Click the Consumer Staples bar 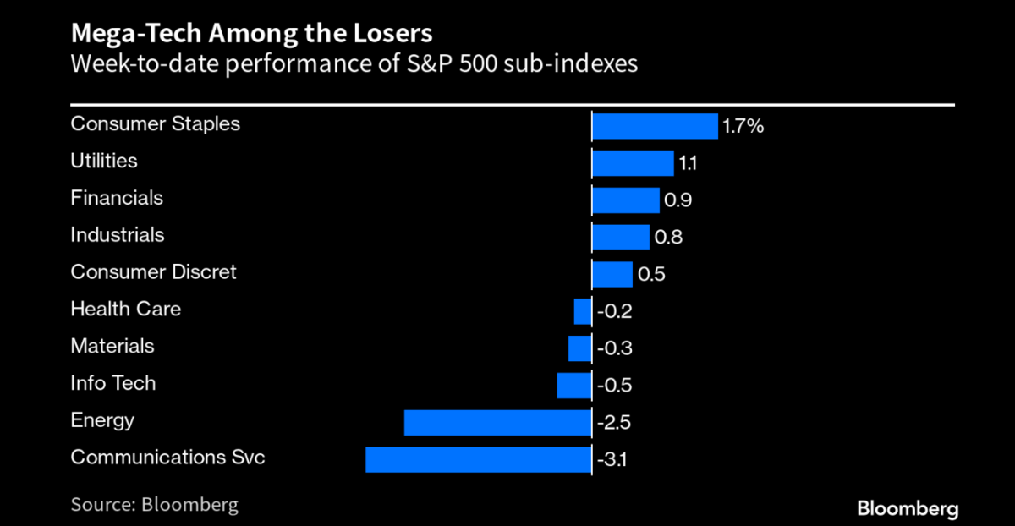[x=655, y=126]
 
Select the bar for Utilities [x=633, y=162]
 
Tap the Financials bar [x=625, y=200]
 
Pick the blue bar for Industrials [x=620, y=237]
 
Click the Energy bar [x=497, y=422]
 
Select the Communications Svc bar [x=478, y=459]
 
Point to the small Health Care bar [x=582, y=311]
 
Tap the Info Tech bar [x=573, y=385]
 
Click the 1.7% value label [x=743, y=127]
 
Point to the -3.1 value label [x=615, y=460]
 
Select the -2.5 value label [x=615, y=423]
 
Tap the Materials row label [x=112, y=346]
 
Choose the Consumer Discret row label [x=153, y=271]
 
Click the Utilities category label [x=103, y=161]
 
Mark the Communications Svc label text [x=167, y=458]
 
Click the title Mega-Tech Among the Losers [x=251, y=34]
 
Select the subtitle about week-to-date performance [x=354, y=63]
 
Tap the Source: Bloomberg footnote [x=154, y=505]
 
